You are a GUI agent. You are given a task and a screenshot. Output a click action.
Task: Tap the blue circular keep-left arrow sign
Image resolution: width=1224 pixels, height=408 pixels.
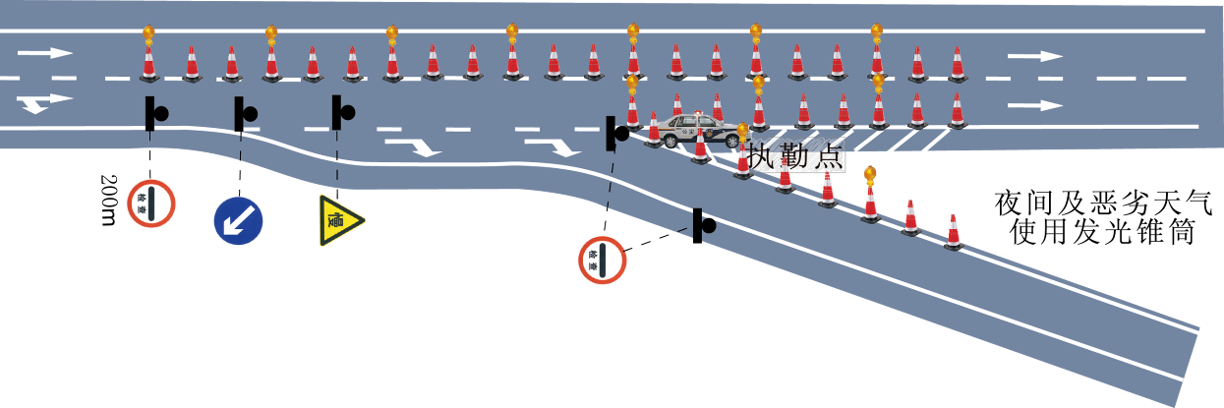(x=238, y=220)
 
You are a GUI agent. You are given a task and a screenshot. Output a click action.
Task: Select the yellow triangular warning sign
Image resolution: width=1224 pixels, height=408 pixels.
(x=339, y=219)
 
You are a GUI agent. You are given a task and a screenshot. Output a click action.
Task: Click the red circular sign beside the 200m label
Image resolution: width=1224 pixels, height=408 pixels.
(x=152, y=204)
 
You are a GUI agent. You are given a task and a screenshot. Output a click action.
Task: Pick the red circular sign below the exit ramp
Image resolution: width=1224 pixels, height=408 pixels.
(x=602, y=261)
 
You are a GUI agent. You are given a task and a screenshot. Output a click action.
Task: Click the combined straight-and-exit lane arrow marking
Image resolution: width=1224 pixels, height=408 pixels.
(x=44, y=102)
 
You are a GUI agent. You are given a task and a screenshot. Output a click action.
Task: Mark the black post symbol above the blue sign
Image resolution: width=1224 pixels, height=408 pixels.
(x=242, y=114)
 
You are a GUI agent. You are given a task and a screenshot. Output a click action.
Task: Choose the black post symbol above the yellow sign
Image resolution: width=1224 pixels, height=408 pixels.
(x=340, y=113)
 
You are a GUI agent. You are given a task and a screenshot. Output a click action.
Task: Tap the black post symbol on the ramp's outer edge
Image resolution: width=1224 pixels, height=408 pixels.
(x=702, y=225)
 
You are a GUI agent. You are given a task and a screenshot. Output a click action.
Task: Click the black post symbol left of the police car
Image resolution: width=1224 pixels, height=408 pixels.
(x=616, y=131)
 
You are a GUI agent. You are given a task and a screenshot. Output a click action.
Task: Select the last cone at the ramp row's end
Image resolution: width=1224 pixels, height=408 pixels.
(x=953, y=233)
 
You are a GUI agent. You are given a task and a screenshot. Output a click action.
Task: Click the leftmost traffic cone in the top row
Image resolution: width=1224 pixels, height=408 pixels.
(x=148, y=65)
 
